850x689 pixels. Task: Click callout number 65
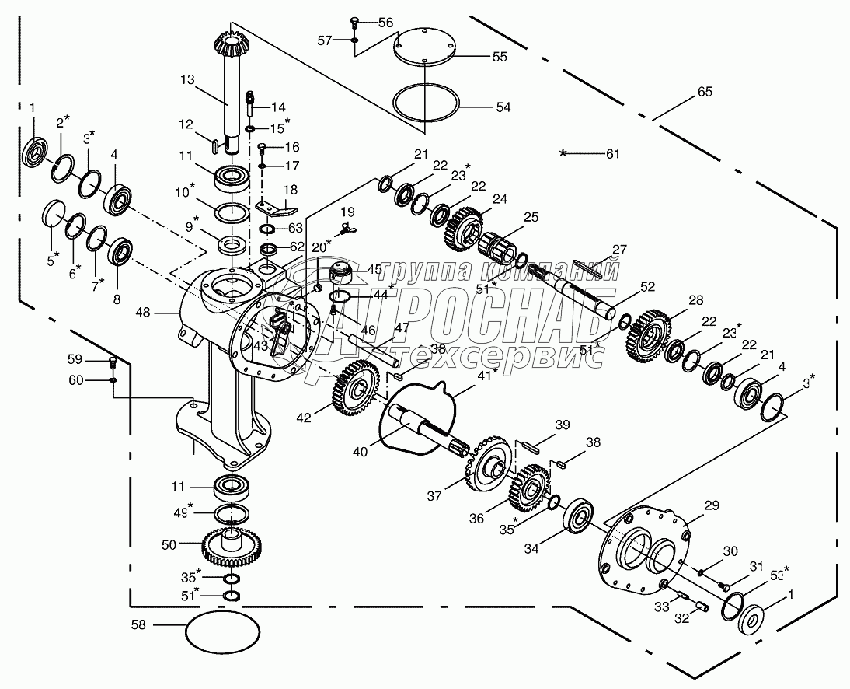tap(704, 93)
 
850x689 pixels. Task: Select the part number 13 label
tap(186, 80)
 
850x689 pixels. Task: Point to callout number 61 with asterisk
tap(612, 154)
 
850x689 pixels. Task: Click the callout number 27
tap(618, 250)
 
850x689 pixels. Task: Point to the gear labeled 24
tap(465, 226)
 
